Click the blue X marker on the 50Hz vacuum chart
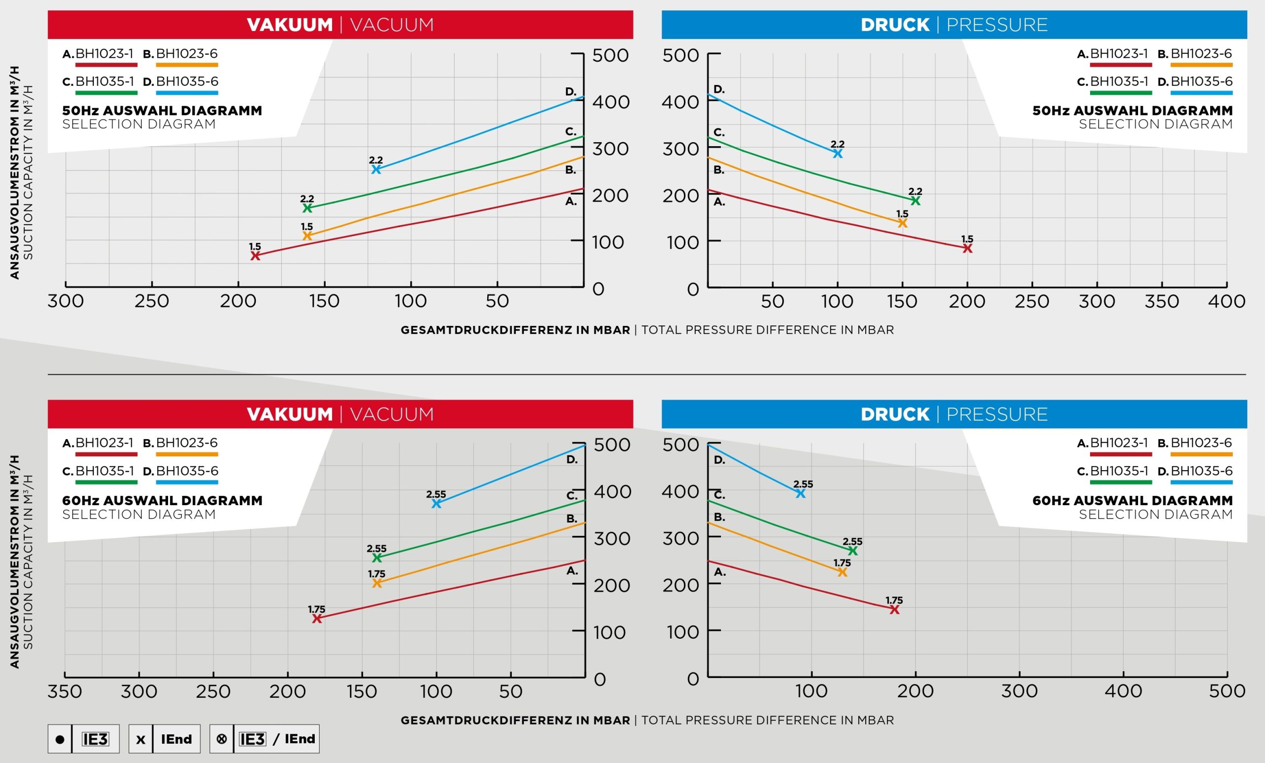click(377, 169)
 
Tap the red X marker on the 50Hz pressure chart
click(967, 248)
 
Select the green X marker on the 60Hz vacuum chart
click(377, 557)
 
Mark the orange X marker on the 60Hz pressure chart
click(842, 572)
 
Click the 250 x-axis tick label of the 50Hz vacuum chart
click(152, 301)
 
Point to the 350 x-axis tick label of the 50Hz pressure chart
click(1162, 301)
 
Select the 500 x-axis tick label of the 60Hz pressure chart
click(1227, 691)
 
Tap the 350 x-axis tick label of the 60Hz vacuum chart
click(65, 692)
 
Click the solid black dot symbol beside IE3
click(60, 739)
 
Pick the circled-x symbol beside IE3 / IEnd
click(222, 739)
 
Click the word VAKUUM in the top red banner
click(290, 25)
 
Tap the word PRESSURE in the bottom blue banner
click(997, 414)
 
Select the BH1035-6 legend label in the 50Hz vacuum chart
click(187, 81)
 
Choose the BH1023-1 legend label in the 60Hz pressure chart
click(1119, 443)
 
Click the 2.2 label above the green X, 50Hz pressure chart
click(915, 192)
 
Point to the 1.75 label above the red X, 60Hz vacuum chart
click(317, 609)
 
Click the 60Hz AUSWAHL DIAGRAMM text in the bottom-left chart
click(162, 500)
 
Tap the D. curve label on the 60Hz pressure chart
click(719, 460)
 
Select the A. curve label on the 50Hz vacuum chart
click(571, 201)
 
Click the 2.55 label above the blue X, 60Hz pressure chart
click(803, 484)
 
